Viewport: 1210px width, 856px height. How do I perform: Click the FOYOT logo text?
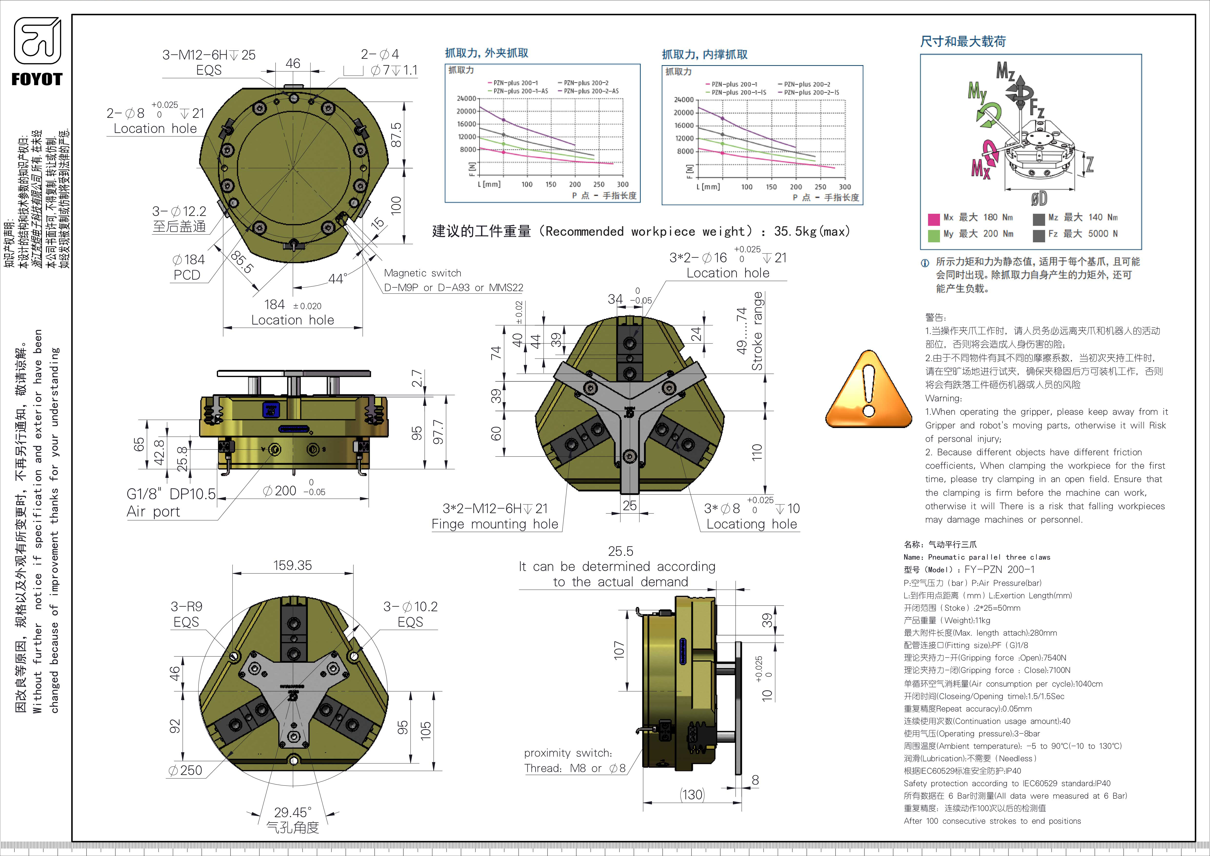pyautogui.click(x=37, y=80)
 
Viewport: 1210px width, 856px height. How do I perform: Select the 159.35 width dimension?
pyautogui.click(x=292, y=566)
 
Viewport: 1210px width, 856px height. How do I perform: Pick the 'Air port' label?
pyautogui.click(x=153, y=512)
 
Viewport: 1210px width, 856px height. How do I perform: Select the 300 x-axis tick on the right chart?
pyautogui.click(x=845, y=187)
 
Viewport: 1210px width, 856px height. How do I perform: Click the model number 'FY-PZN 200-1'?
pyautogui.click(x=999, y=569)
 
